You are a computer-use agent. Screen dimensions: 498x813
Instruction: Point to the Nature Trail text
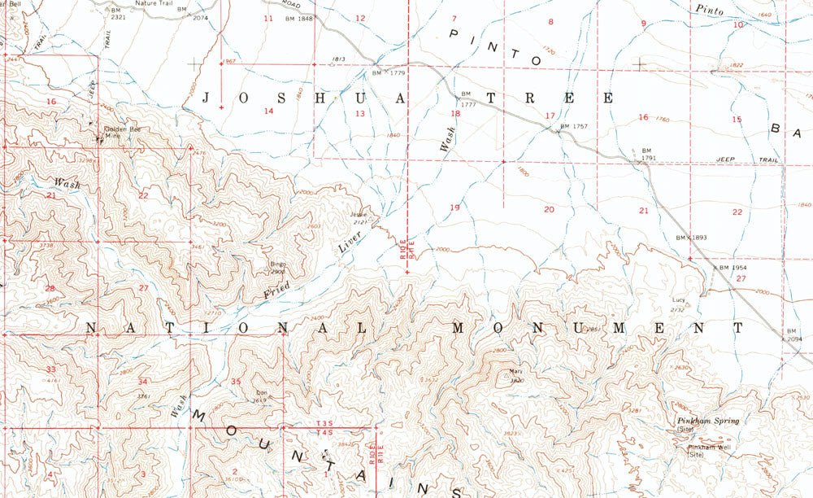pos(154,3)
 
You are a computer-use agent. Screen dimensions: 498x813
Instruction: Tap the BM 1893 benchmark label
pos(692,237)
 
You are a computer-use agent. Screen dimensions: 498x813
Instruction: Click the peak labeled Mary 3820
pos(514,376)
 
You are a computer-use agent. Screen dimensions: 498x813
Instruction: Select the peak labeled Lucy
pos(678,300)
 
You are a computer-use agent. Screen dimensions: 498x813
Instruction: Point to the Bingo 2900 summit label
pos(278,267)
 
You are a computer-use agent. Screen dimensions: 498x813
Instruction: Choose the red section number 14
pos(268,111)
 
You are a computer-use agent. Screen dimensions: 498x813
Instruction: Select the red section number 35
pos(236,382)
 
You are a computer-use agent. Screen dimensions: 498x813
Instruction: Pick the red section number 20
pos(550,210)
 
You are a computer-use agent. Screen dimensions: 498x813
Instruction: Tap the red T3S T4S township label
pos(324,428)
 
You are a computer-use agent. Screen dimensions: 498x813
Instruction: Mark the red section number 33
pos(50,369)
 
